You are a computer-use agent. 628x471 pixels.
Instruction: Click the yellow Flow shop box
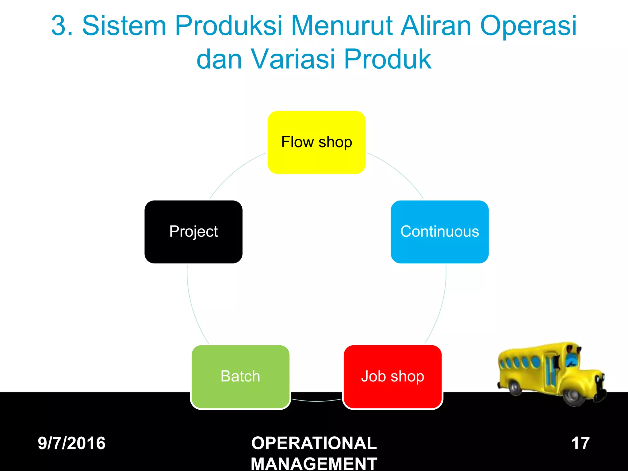pyautogui.click(x=316, y=142)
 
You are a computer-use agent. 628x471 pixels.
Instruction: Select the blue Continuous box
pyautogui.click(x=439, y=232)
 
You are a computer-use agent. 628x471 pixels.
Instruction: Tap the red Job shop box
pyautogui.click(x=392, y=377)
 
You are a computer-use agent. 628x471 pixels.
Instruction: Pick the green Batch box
pyautogui.click(x=240, y=377)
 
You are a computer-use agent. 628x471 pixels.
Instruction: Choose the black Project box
pyautogui.click(x=193, y=232)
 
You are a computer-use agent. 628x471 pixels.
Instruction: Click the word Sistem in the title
pyautogui.click(x=124, y=26)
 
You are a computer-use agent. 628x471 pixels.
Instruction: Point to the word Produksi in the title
pyautogui.click(x=228, y=26)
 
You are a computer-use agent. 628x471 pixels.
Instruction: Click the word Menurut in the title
pyautogui.click(x=342, y=26)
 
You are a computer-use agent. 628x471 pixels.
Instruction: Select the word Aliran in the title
pyautogui.click(x=436, y=26)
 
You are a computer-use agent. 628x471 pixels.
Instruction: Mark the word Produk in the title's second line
pyautogui.click(x=388, y=59)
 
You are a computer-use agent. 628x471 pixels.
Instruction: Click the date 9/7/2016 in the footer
pyautogui.click(x=71, y=443)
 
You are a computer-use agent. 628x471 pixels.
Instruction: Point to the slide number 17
pyautogui.click(x=580, y=443)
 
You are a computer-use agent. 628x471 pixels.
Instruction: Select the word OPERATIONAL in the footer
pyautogui.click(x=314, y=443)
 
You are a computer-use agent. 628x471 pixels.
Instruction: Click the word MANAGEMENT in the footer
pyautogui.click(x=314, y=463)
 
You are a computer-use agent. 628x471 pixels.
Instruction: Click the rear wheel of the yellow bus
pyautogui.click(x=515, y=387)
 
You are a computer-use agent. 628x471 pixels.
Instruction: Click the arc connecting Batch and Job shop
pyautogui.click(x=316, y=400)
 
